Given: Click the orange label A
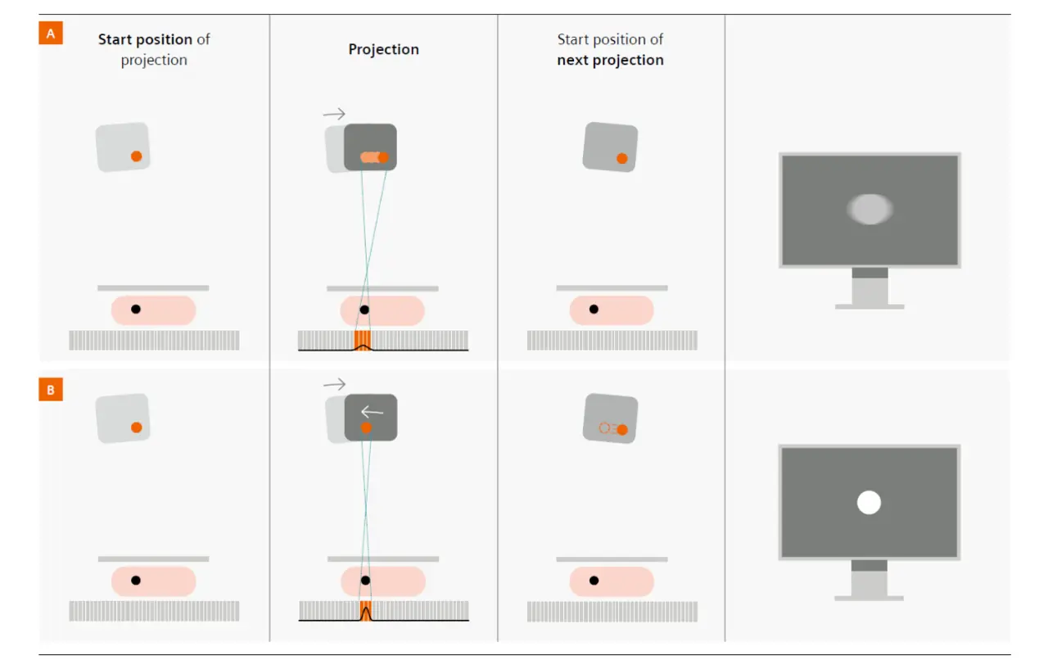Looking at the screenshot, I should coord(51,34).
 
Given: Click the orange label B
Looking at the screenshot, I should coord(51,390).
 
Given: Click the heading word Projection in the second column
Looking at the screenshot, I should coord(383,49).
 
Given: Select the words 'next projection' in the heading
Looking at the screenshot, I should coord(610,61).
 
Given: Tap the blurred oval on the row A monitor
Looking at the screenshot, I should coord(869,210).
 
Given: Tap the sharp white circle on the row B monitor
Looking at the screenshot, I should coord(869,502).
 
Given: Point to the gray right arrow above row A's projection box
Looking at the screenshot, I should coord(335,114).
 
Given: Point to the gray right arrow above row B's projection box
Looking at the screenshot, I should coord(335,383).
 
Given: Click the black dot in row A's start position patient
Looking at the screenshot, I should coord(136,310).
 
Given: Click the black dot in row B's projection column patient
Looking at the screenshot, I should coord(365,580).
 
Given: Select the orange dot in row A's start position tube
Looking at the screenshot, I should coord(137,156).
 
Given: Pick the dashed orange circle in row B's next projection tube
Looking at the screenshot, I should coord(605,427).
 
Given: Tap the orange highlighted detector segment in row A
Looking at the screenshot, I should coord(363,339).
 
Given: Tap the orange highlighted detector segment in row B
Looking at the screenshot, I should coord(365,609).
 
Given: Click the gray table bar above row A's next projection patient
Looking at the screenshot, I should coord(612,288).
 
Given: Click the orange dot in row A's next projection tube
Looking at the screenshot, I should coord(622,158).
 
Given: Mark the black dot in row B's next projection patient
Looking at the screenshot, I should coord(594,580).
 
